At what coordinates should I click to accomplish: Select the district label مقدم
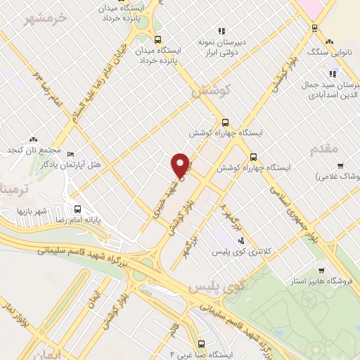pos(323,148)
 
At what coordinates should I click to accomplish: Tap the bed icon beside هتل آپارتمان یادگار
pos(70,153)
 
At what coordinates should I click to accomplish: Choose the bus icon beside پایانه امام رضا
pos(77,209)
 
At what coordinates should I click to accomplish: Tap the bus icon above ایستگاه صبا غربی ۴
pos(202,344)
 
